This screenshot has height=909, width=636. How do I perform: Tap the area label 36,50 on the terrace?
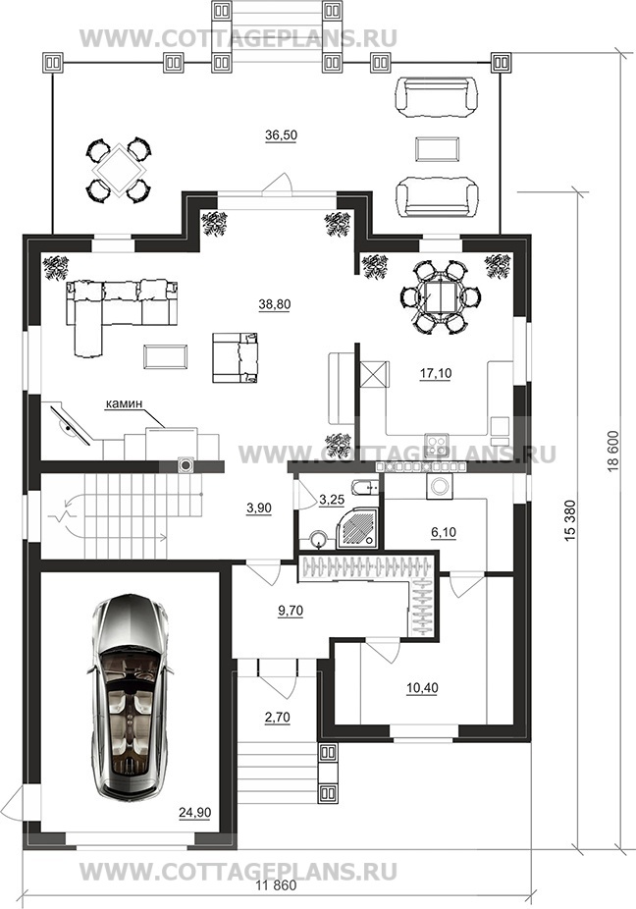pos(281,135)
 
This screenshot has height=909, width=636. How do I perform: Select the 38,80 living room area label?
pos(275,304)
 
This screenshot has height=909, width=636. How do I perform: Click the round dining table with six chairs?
pos(440,297)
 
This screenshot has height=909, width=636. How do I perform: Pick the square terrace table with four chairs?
pos(119,170)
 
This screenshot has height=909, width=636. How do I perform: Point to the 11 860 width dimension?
pos(276,885)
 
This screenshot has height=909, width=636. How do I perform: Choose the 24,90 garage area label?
pos(194,813)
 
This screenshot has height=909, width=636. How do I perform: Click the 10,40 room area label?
pos(422,688)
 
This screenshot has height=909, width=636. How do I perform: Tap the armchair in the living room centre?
pos(235,357)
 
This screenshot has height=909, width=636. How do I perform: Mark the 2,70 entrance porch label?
pos(277,718)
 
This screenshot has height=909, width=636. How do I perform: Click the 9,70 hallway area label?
pos(291,611)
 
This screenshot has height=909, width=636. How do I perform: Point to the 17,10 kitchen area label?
pos(436,374)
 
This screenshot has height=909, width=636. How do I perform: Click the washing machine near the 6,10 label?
pos(440,486)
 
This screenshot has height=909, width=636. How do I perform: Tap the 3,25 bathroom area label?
pos(332,500)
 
